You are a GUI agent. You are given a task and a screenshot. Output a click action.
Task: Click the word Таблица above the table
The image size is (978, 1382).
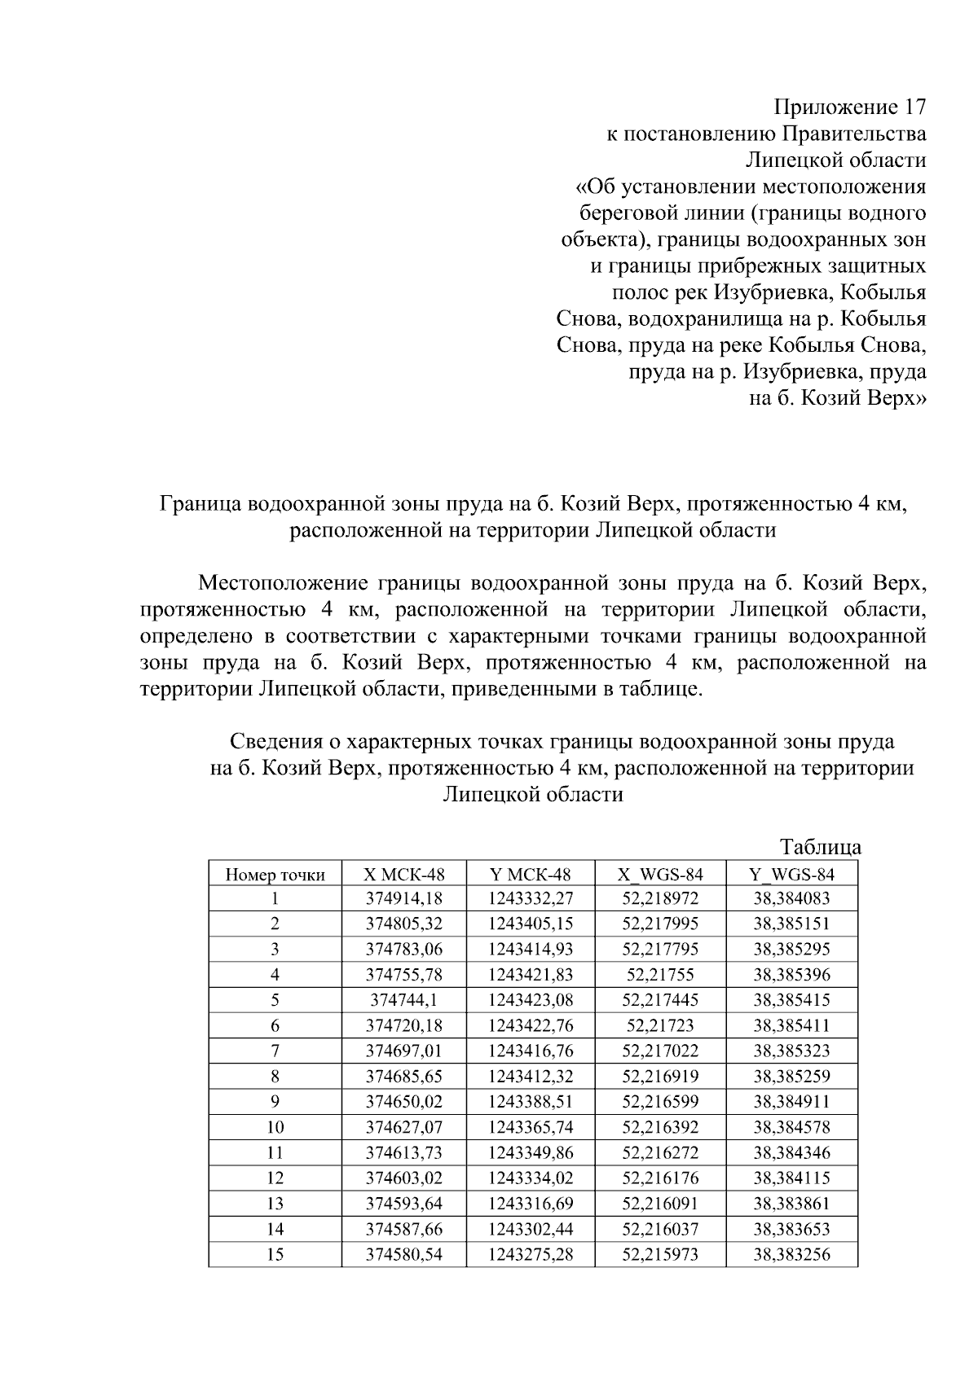[x=821, y=847]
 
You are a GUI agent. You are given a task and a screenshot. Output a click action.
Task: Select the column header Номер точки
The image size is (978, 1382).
[x=275, y=875]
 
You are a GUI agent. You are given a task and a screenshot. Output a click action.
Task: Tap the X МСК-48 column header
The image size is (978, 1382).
[x=404, y=875]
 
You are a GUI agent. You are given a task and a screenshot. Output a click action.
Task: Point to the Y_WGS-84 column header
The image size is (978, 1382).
[x=791, y=875]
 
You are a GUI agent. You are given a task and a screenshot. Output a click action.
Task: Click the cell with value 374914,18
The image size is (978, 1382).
[x=404, y=899]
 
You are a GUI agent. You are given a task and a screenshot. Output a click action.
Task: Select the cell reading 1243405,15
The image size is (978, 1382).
[x=531, y=924]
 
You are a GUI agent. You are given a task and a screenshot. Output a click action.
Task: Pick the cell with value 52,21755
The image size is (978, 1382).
[x=660, y=975]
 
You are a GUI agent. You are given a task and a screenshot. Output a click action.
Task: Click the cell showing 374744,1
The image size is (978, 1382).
[x=404, y=1000]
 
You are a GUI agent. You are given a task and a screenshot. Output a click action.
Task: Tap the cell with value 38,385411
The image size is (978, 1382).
[x=791, y=1025]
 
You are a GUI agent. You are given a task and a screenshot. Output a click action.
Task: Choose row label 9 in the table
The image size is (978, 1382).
[x=275, y=1102]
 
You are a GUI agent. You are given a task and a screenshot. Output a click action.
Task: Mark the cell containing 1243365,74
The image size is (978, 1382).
[x=531, y=1127]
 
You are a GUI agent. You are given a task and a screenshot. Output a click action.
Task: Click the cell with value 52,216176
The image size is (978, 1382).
[x=660, y=1178]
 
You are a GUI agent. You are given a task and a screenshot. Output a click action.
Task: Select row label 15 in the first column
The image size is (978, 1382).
[x=275, y=1254]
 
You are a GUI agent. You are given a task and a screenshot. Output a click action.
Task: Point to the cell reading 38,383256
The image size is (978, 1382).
[x=791, y=1254]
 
